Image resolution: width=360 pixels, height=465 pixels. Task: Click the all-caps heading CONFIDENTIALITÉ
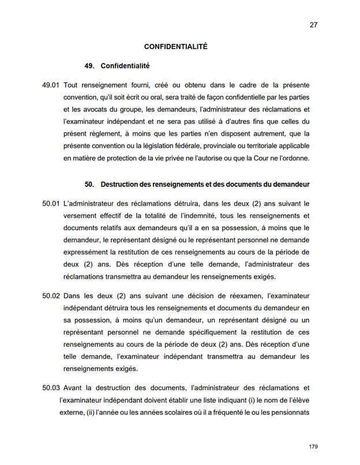175,47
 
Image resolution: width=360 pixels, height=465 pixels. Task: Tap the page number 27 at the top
313,25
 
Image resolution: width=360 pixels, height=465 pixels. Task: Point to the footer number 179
313,447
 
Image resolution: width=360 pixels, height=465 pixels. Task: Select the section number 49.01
51,85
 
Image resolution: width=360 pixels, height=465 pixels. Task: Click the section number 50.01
51,204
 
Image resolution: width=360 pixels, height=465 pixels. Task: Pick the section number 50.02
51,296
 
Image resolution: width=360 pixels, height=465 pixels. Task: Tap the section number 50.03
51,388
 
